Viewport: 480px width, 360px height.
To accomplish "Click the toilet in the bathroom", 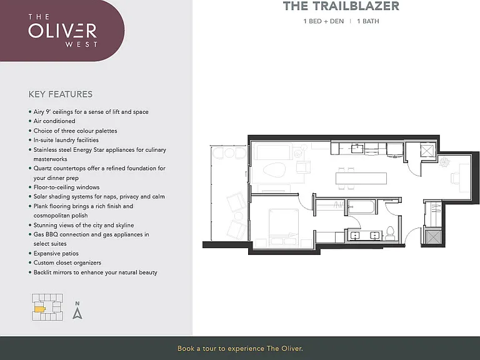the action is (390, 233).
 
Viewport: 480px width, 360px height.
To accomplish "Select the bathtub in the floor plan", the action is (361, 207).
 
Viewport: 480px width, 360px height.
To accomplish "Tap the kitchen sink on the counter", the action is (357, 149).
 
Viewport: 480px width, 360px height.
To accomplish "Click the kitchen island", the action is (361, 179).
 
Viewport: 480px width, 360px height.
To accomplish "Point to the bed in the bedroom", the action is (284, 227).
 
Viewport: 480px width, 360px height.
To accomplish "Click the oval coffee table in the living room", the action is (274, 170).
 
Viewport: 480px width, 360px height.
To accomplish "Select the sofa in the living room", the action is (273, 152).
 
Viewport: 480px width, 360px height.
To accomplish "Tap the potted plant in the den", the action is (444, 161).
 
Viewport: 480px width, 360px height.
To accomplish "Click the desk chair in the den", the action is (455, 178).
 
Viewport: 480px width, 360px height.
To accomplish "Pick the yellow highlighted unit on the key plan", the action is (40, 309).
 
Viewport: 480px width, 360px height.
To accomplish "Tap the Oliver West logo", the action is (62, 30).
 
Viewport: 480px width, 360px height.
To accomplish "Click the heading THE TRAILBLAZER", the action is (341, 6).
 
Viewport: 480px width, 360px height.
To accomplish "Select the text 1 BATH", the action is (368, 21).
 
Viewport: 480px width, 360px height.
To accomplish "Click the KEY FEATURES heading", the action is (60, 94).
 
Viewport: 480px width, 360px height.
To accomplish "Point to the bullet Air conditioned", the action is (52, 121).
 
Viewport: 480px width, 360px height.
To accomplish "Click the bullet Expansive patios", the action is (54, 254).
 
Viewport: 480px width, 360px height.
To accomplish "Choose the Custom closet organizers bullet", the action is (65, 262).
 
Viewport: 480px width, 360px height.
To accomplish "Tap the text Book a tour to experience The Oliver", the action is (240, 348).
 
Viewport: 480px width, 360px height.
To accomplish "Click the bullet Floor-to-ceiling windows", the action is (64, 187).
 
